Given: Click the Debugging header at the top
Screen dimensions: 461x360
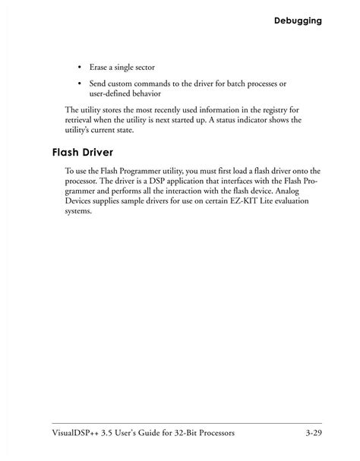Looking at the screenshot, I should (x=298, y=21).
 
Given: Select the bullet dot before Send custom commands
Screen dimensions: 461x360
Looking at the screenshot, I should (x=79, y=83).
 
